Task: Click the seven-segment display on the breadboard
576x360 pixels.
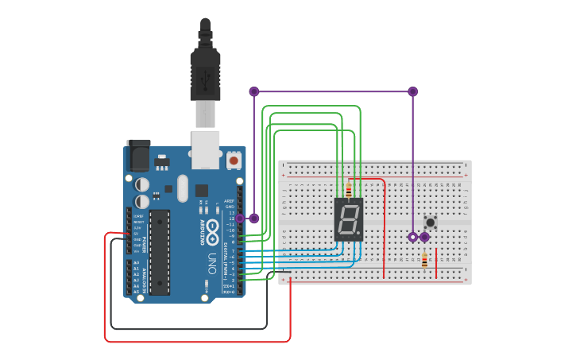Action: pyautogui.click(x=349, y=219)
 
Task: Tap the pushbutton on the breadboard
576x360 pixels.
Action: pyautogui.click(x=431, y=223)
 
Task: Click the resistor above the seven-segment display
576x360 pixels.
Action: pyautogui.click(x=348, y=190)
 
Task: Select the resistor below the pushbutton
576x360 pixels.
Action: pyautogui.click(x=424, y=260)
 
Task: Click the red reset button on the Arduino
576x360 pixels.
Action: pyautogui.click(x=234, y=161)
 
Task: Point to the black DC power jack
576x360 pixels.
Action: pyautogui.click(x=138, y=155)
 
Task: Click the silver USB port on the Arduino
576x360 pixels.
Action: pyautogui.click(x=206, y=149)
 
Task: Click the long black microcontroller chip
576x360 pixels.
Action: pyautogui.click(x=160, y=253)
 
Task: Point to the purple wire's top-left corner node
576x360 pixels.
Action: pyautogui.click(x=254, y=91)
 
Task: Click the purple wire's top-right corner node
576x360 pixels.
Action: pyautogui.click(x=412, y=91)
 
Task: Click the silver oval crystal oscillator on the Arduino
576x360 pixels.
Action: pyautogui.click(x=183, y=188)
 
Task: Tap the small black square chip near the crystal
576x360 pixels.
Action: pyautogui.click(x=201, y=191)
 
